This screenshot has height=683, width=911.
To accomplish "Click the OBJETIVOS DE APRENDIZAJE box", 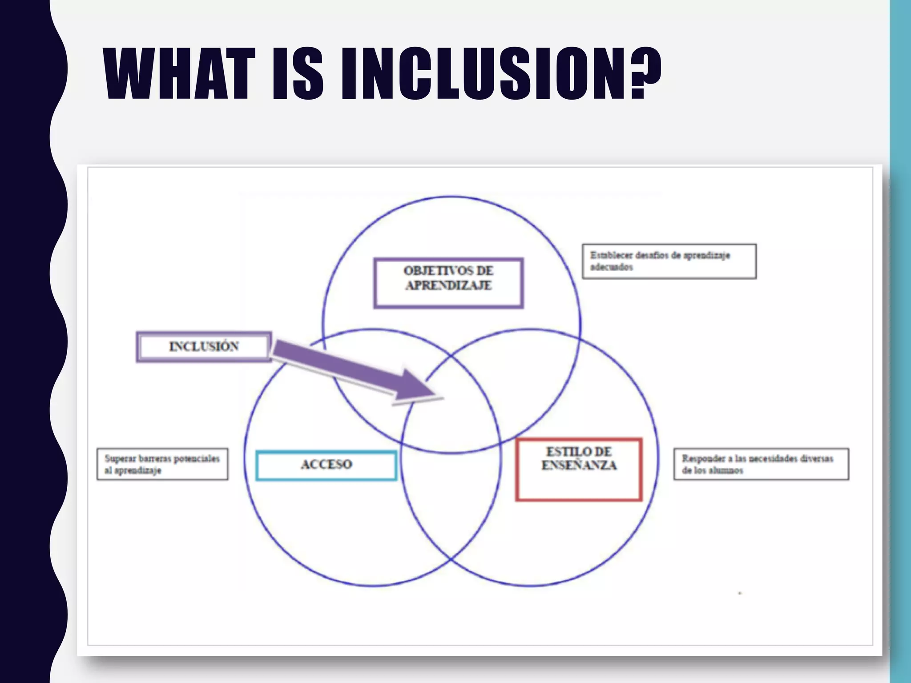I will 448,283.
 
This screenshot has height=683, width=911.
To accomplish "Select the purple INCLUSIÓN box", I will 204,347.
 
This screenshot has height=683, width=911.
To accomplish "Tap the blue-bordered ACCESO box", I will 326,465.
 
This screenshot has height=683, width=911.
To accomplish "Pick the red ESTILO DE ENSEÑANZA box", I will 579,470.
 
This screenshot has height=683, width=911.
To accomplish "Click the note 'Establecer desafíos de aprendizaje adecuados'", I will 669,261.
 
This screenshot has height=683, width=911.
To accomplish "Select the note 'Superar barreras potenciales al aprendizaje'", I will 162,464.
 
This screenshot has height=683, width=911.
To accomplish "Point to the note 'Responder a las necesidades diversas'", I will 761,464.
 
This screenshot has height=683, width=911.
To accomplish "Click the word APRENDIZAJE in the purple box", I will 448,286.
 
